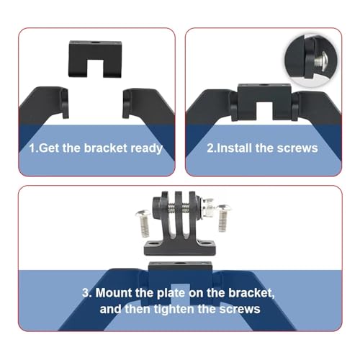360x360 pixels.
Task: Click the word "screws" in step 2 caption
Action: [x=297, y=148]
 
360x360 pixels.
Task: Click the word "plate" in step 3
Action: [x=171, y=293]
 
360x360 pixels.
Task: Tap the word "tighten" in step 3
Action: [x=174, y=309]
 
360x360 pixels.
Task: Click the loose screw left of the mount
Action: [x=143, y=223]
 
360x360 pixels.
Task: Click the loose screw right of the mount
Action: [x=223, y=218]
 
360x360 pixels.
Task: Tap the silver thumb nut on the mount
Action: [x=207, y=208]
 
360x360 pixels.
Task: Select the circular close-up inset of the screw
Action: [x=311, y=60]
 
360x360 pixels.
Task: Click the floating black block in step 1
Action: [x=95, y=59]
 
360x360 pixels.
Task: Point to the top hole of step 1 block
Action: [x=96, y=43]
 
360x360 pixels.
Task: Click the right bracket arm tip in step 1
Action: [x=127, y=104]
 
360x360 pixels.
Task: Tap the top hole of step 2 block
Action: [x=264, y=85]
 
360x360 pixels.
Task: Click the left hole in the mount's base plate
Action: [x=153, y=243]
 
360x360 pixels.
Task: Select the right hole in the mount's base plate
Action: [x=207, y=243]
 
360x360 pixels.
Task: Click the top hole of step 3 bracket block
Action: [x=179, y=264]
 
